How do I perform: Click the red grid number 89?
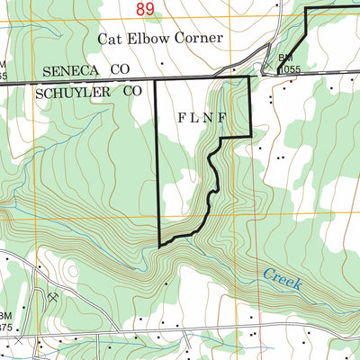pyautogui.click(x=146, y=9)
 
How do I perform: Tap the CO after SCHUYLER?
pyautogui.click(x=133, y=92)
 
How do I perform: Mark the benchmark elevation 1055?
pyautogui.click(x=289, y=67)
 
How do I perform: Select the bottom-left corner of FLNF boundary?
pyautogui.click(x=159, y=245)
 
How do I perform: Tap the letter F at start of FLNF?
pyautogui.click(x=182, y=117)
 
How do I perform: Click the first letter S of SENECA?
pyautogui.click(x=47, y=70)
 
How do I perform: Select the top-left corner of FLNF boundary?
pyautogui.click(x=157, y=79)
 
